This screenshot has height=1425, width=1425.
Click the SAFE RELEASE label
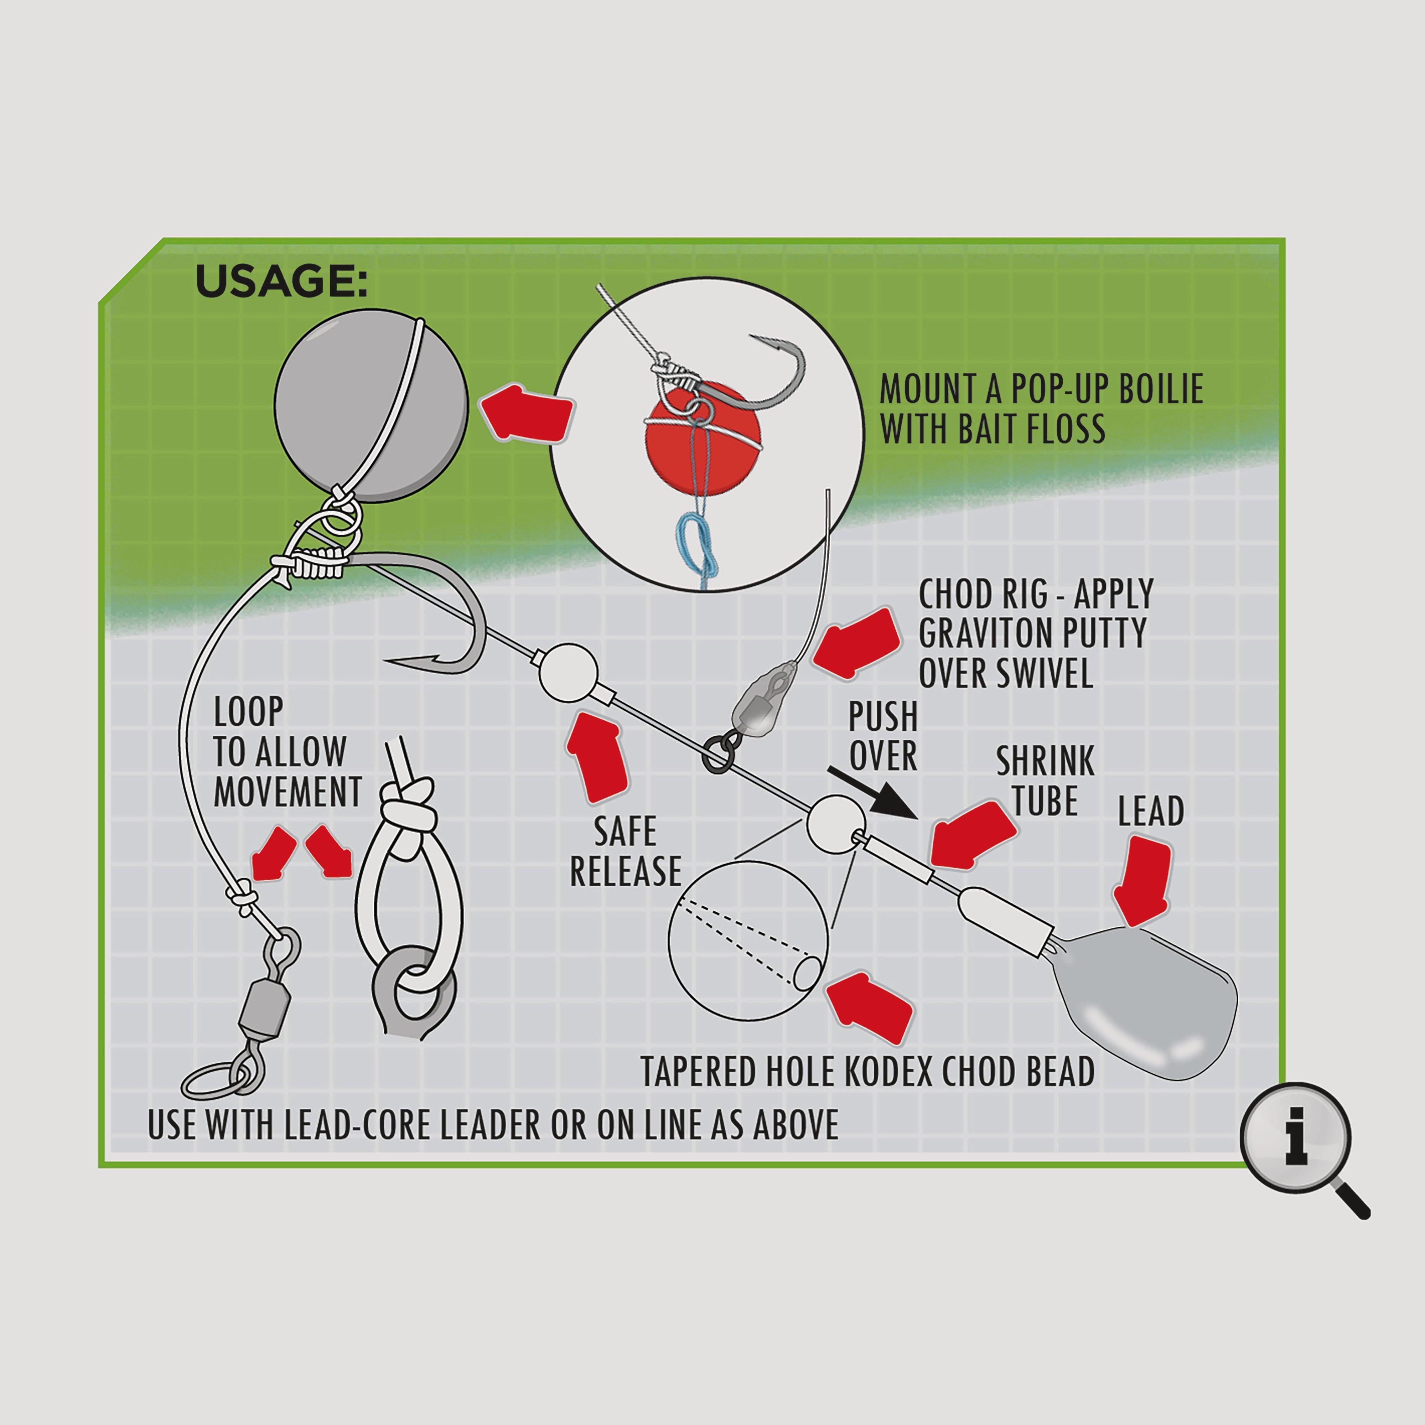point(626,852)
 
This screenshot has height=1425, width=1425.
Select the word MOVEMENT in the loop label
point(287,792)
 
